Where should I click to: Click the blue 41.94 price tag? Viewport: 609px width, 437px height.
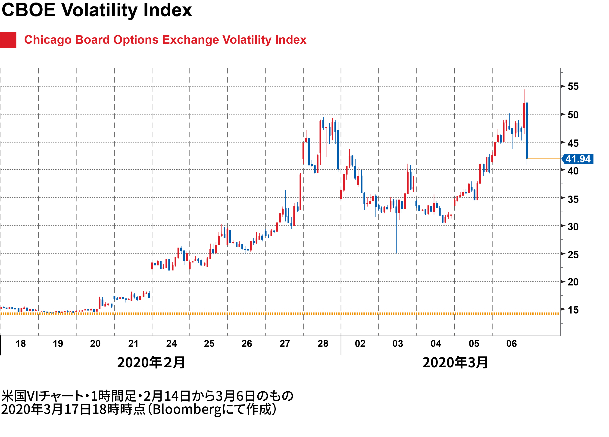tap(578, 159)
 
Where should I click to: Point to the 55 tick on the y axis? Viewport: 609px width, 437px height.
tap(573, 86)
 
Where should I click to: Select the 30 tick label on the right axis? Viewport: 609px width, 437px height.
tap(573, 227)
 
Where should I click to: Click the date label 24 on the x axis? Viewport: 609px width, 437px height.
tap(171, 344)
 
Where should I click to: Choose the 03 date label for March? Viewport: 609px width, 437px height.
tap(398, 344)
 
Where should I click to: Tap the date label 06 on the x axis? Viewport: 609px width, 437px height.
tap(512, 344)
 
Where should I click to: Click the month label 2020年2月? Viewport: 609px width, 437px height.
tap(151, 363)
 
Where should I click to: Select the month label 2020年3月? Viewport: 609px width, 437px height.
tap(455, 363)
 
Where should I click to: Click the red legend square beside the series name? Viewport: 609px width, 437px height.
tap(8, 40)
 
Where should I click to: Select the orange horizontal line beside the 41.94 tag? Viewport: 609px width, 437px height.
tap(544, 159)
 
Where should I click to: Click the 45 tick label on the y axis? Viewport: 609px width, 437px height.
tap(573, 143)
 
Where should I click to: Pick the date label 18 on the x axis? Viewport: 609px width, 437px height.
tap(21, 344)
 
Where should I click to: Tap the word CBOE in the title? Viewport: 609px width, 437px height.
tap(28, 10)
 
